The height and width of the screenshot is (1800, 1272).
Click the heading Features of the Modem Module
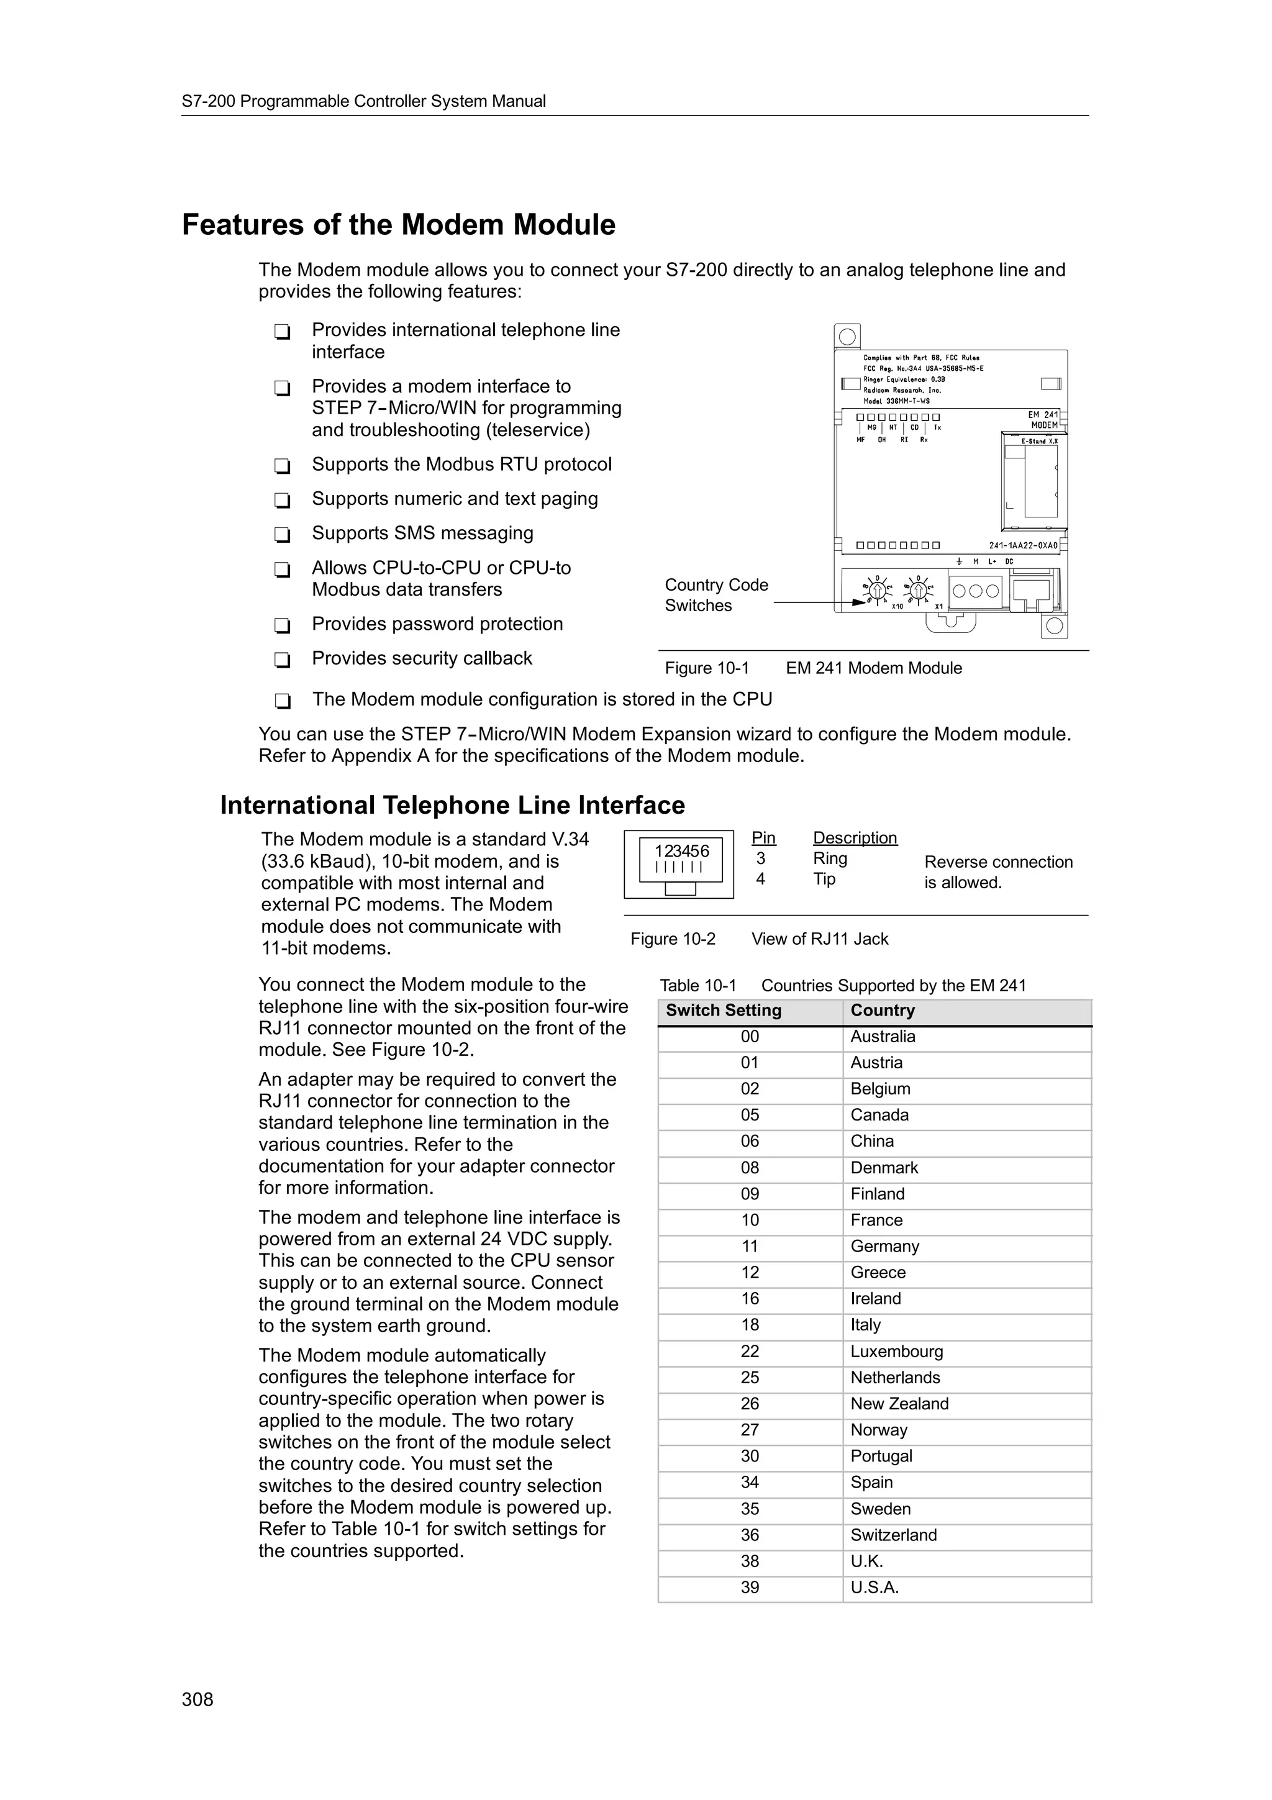[x=398, y=225]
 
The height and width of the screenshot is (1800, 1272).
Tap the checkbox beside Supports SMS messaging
[x=282, y=535]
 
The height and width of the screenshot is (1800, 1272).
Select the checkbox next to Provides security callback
[x=282, y=660]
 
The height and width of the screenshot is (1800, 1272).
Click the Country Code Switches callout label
[x=715, y=595]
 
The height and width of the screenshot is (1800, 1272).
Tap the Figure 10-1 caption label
[x=707, y=668]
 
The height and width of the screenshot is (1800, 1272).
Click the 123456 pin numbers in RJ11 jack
[x=681, y=850]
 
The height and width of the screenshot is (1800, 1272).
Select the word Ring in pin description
[x=829, y=858]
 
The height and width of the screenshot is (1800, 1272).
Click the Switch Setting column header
[x=724, y=1011]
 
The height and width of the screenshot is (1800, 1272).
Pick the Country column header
[x=883, y=1011]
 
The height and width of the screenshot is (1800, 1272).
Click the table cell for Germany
[x=885, y=1247]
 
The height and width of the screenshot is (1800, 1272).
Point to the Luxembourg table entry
[x=897, y=1352]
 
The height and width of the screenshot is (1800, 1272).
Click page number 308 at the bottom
[x=198, y=1699]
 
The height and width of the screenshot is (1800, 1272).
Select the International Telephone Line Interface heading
[x=452, y=805]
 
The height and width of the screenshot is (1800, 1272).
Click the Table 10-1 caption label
[x=697, y=986]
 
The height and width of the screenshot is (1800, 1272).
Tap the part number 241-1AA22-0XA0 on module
[x=1023, y=545]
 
